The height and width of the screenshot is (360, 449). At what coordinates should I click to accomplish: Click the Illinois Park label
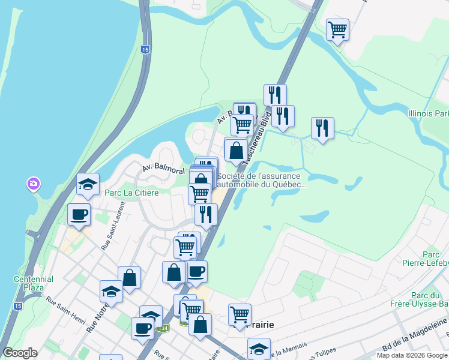point(428,113)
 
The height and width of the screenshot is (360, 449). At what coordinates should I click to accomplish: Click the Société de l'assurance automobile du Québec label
point(262,180)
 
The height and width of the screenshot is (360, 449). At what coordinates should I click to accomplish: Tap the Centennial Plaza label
point(33,283)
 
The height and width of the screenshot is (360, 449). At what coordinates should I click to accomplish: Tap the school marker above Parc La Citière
point(88,185)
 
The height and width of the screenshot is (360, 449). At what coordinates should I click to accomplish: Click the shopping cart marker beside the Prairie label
point(240,314)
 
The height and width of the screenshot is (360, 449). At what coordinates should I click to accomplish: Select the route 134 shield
point(164,328)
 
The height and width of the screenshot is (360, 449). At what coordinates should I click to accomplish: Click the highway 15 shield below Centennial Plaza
point(18,306)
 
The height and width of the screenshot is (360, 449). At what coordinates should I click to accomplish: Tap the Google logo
point(20,352)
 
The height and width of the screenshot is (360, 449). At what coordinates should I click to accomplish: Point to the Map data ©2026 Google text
point(412,355)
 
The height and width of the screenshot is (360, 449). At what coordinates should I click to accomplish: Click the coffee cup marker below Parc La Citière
point(79,215)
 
